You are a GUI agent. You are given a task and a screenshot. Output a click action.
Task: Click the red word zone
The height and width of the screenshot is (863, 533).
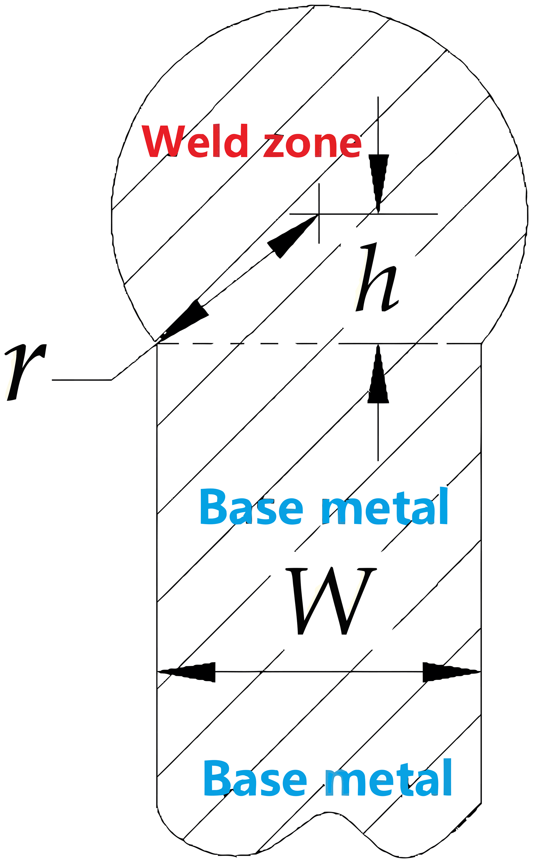313,145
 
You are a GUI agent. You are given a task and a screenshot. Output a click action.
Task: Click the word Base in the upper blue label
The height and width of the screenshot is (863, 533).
251,508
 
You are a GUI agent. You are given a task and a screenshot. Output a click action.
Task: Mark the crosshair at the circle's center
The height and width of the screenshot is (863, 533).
319,214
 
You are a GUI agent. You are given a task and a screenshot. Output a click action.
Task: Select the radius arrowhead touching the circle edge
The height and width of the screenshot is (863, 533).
183,319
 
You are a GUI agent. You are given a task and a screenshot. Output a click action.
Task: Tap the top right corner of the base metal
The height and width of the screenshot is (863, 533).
481,344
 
